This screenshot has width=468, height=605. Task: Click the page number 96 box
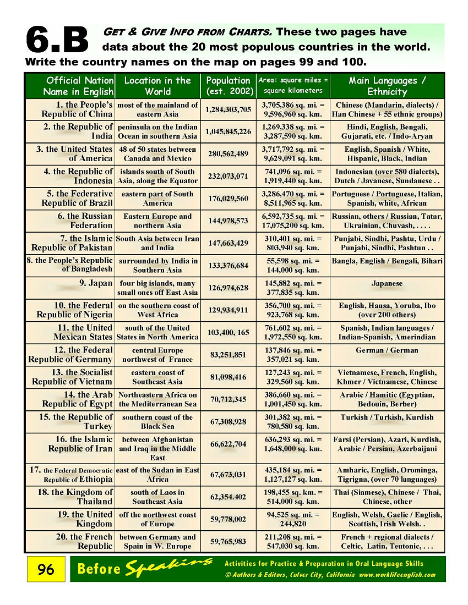[46, 569]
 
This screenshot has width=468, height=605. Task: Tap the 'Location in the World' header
[157, 86]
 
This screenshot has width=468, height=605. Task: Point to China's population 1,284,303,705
[228, 109]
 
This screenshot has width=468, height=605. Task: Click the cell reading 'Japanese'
[387, 284]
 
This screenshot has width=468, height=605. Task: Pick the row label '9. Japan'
[96, 284]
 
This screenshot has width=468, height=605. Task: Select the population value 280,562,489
[228, 154]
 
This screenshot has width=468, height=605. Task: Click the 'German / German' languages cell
[387, 350]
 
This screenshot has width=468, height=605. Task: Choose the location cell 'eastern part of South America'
[157, 199]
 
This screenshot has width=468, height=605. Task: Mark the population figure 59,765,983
[228, 542]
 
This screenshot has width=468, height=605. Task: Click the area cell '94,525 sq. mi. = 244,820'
[293, 519]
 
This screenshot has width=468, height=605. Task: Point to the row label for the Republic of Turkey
[75, 421]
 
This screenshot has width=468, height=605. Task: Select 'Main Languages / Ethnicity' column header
[387, 86]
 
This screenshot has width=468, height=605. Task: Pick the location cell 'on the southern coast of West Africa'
[158, 310]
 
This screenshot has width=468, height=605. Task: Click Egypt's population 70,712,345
[228, 399]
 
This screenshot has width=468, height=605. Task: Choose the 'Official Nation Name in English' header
[80, 86]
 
